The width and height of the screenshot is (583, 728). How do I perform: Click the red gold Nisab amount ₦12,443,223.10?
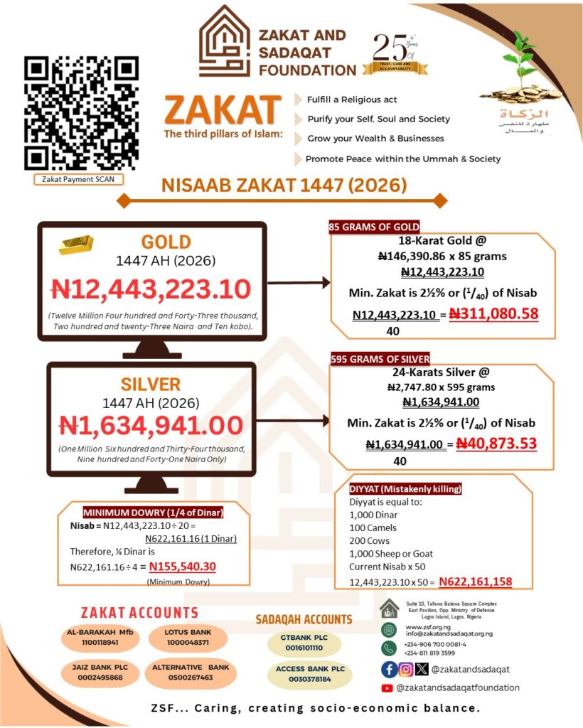tap(151, 289)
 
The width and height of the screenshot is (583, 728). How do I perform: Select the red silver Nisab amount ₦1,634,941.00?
tap(151, 424)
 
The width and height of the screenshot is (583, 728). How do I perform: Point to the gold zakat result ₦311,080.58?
tap(493, 313)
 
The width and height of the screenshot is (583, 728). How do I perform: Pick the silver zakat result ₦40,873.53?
tap(496, 444)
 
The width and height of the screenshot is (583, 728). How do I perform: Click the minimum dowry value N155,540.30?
tap(182, 567)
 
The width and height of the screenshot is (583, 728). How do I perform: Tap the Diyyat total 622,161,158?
tap(475, 582)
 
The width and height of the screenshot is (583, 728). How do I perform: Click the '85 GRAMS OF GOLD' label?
tap(374, 227)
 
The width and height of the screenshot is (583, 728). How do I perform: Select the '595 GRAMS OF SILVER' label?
tap(380, 359)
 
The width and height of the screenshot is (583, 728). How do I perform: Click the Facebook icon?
tap(389, 668)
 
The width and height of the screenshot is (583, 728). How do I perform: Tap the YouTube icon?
tap(387, 688)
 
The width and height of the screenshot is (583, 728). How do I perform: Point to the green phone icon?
tap(389, 648)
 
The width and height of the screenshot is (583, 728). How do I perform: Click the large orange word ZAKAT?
tap(222, 111)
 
